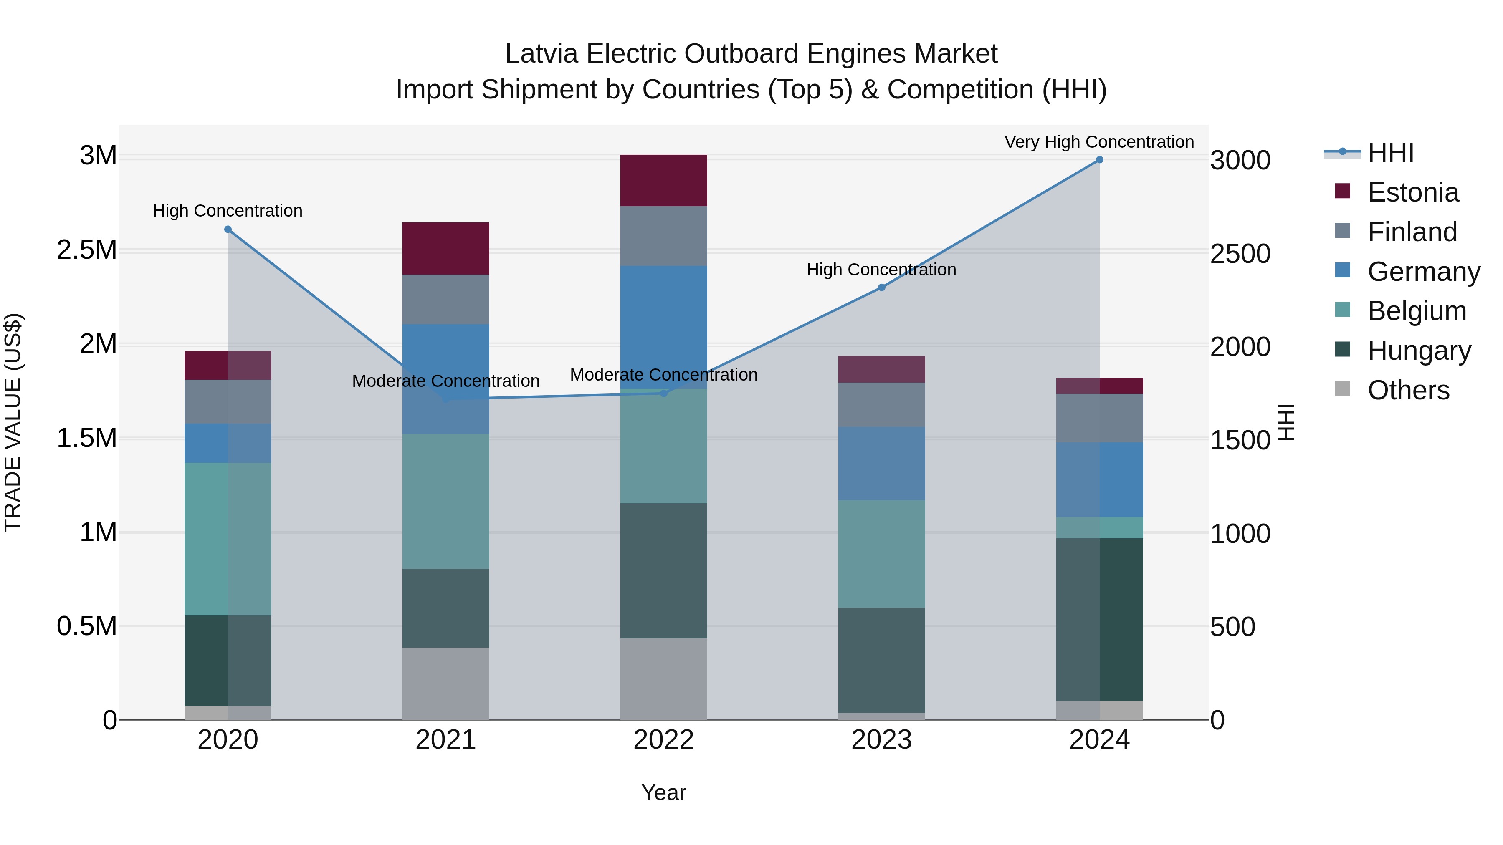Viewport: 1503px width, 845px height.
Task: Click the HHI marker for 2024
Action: [1099, 160]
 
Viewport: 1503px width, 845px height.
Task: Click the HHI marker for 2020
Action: [228, 229]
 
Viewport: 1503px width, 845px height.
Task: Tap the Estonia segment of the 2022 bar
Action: [663, 180]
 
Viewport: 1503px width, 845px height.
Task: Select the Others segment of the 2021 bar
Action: [446, 684]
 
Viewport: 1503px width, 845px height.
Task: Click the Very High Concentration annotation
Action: [1099, 142]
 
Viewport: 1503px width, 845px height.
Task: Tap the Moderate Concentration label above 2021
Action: [446, 381]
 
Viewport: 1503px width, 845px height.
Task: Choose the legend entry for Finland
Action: [1412, 232]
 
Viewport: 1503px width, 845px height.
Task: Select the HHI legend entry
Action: [1390, 153]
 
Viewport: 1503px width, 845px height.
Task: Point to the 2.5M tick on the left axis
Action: [87, 250]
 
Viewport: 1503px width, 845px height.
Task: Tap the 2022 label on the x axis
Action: [663, 740]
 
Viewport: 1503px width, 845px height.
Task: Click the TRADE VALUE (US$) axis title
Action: [13, 422]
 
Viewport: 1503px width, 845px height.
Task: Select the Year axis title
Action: [663, 792]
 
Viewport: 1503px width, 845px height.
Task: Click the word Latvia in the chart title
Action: [541, 54]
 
